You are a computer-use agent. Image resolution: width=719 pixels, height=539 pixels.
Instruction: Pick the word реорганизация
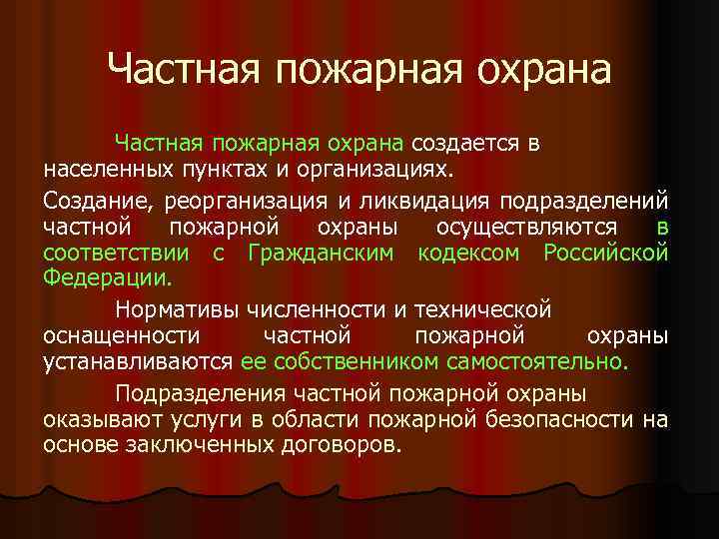coord(255,200)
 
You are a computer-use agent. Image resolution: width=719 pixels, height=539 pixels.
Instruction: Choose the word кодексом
coord(469,253)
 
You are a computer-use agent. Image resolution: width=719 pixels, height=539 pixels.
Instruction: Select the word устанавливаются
coord(138,361)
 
